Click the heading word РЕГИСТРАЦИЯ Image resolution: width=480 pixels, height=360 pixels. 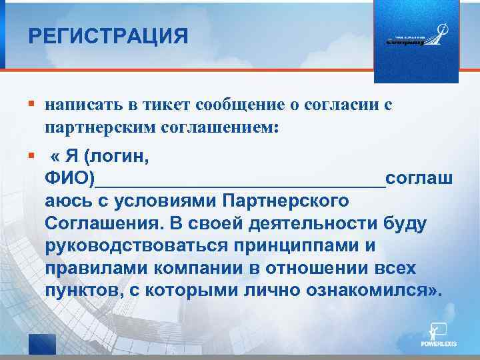click(x=108, y=35)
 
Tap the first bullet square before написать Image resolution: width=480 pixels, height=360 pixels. click(x=31, y=105)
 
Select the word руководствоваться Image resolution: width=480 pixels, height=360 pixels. click(x=136, y=246)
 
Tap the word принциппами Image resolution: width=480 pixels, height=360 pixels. click(x=298, y=246)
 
